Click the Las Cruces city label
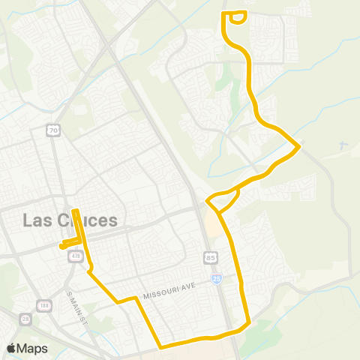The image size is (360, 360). [70, 220]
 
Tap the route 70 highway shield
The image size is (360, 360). [52, 130]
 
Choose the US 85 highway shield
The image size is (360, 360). [211, 258]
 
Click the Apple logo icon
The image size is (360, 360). [11, 348]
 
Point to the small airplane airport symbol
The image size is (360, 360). [343, 145]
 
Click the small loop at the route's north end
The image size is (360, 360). [235, 17]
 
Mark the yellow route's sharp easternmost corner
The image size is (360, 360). [300, 145]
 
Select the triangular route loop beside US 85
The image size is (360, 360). [222, 201]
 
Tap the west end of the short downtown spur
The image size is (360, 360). [61, 246]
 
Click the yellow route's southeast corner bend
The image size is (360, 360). [248, 324]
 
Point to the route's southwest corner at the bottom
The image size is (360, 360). [160, 346]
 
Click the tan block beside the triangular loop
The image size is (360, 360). [212, 223]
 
